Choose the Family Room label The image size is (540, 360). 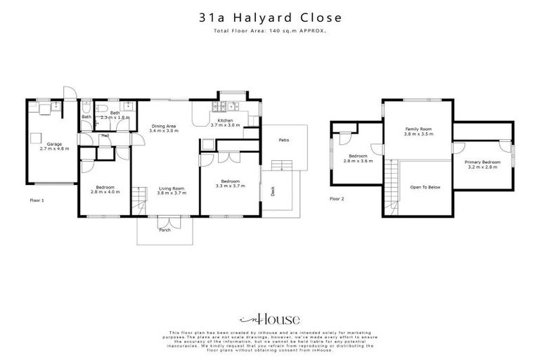(418, 130)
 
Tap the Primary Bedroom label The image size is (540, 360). (481, 165)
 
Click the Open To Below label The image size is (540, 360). (426, 187)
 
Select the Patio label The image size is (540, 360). (283, 141)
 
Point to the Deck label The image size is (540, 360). (273, 191)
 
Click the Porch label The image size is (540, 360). (165, 230)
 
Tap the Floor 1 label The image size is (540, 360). (37, 200)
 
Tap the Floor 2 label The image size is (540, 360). (337, 199)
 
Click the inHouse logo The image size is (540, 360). (269, 319)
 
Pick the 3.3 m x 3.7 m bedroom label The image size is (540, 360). (229, 183)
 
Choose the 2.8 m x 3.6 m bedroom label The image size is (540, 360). (357, 158)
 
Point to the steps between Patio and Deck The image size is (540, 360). (281, 166)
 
